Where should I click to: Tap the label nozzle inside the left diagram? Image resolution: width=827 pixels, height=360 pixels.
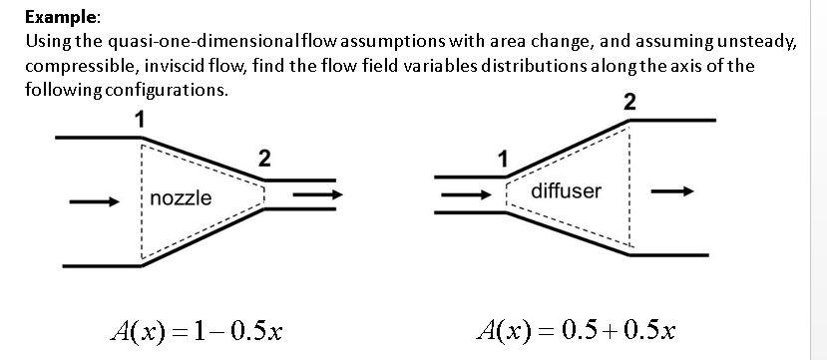[x=181, y=198]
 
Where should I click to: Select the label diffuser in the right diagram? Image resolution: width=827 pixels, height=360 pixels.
[x=567, y=190]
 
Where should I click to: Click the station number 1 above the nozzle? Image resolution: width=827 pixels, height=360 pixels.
[x=141, y=120]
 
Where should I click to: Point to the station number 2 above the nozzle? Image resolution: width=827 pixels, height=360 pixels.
[x=263, y=158]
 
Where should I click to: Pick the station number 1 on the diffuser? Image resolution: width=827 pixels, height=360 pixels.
[x=503, y=159]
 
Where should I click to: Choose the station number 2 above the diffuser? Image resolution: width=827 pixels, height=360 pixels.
[x=628, y=102]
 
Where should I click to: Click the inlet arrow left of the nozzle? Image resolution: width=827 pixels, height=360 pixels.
[x=94, y=201]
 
